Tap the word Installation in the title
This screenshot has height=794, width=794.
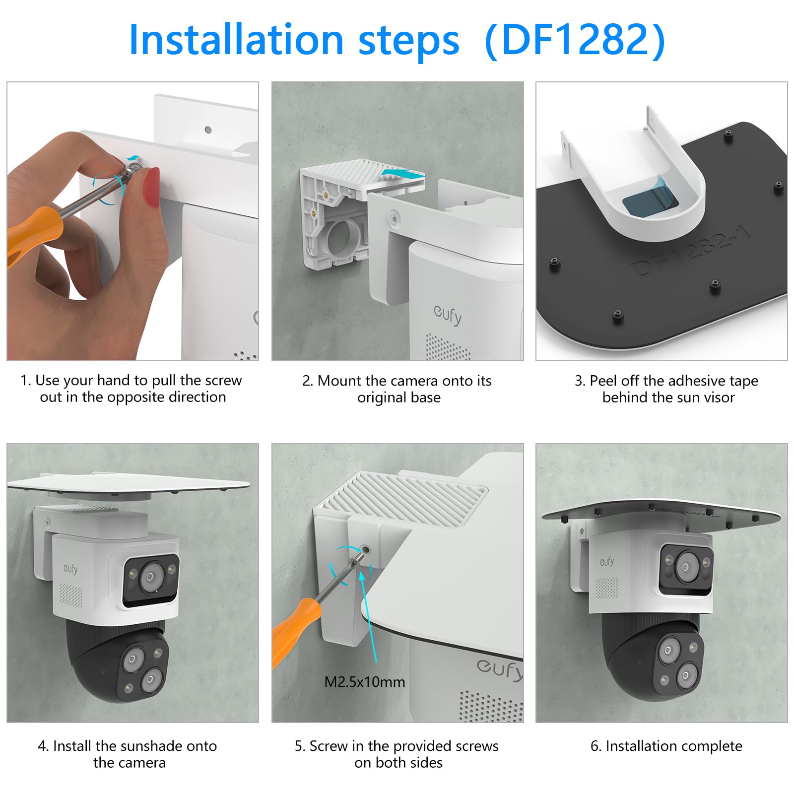pyautogui.click(x=236, y=40)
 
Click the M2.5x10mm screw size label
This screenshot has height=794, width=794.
pyautogui.click(x=365, y=682)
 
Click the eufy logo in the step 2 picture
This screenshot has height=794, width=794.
pyautogui.click(x=448, y=315)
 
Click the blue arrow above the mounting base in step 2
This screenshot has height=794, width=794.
pyautogui.click(x=402, y=173)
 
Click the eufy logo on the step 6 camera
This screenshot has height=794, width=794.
pyautogui.click(x=607, y=562)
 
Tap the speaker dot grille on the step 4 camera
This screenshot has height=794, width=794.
pyautogui.click(x=71, y=595)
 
